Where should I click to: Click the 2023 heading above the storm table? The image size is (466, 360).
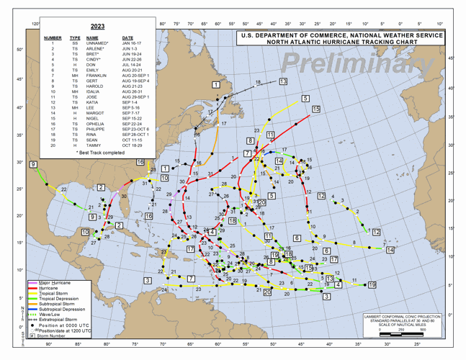pyautogui.click(x=97, y=27)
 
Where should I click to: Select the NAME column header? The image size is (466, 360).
pyautogui.click(x=92, y=37)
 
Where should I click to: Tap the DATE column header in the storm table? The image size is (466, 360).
pyautogui.click(x=127, y=37)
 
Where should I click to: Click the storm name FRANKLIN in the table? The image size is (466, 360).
pyautogui.click(x=96, y=76)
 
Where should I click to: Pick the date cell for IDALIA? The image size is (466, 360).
pyautogui.click(x=132, y=91)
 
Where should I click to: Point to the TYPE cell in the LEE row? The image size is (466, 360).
pyautogui.click(x=75, y=107)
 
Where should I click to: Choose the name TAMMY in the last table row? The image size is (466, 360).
pyautogui.click(x=93, y=145)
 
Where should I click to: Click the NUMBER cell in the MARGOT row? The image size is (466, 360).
pyautogui.click(x=53, y=113)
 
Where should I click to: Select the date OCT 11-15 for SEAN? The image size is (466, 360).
pyautogui.click(x=133, y=140)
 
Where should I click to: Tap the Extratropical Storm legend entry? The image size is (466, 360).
pyautogui.click(x=62, y=320)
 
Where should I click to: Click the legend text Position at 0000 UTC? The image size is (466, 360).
pyautogui.click(x=66, y=325)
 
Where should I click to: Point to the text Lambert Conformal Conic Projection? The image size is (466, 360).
pyautogui.click(x=405, y=316)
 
